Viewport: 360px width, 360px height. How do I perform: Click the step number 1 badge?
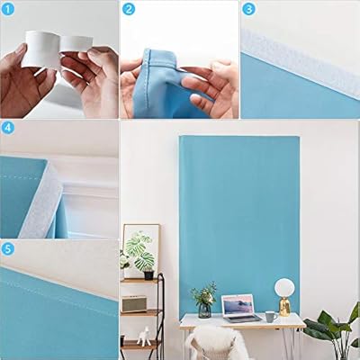point(8,10)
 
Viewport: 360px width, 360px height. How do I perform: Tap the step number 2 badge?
point(129,10)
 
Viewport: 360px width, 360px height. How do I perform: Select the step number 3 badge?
point(249,10)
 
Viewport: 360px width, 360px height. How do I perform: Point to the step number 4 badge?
point(8,128)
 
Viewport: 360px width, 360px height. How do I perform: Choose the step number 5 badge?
point(8,247)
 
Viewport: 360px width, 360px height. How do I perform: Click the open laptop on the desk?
point(240,307)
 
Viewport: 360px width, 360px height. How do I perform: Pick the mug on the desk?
point(270,316)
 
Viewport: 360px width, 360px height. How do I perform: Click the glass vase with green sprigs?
point(204,301)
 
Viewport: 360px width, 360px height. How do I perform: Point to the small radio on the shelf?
point(134,302)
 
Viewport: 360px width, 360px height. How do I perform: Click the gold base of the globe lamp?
point(284,309)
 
